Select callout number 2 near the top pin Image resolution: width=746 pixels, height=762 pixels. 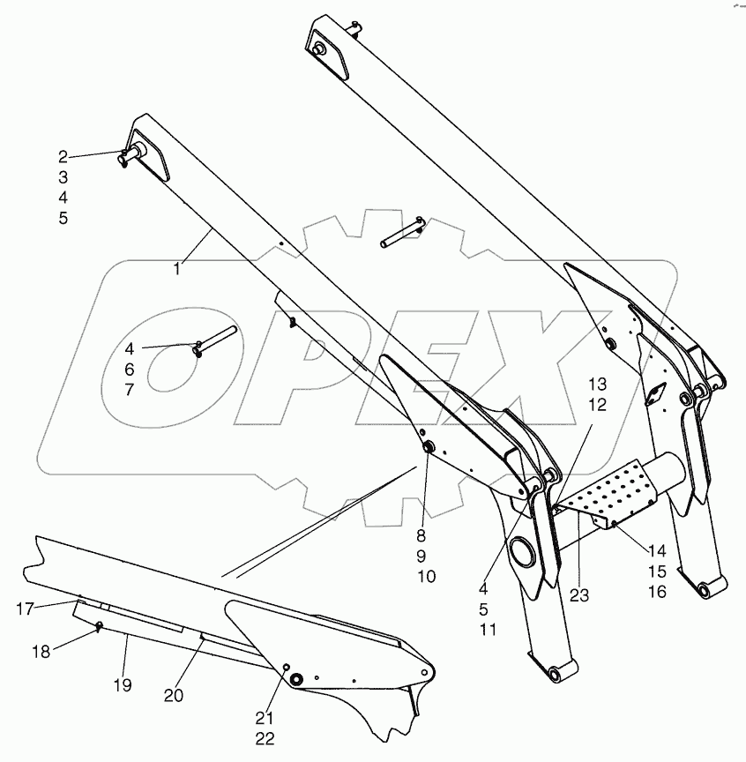tap(63, 157)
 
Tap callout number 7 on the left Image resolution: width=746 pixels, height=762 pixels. tap(129, 389)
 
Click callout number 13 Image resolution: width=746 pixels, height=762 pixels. tap(598, 385)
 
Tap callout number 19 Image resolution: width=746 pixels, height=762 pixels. tap(123, 684)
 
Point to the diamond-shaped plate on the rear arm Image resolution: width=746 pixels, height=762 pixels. tap(657, 398)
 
